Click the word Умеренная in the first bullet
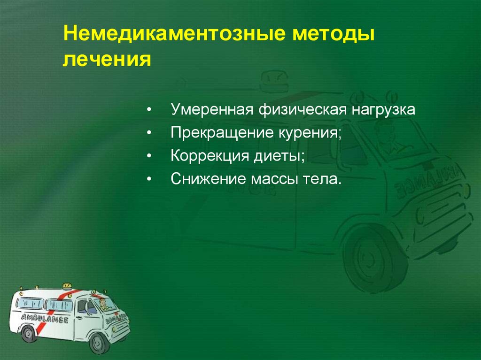pos(211,110)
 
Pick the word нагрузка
pos(382,110)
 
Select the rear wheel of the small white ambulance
pos(29,334)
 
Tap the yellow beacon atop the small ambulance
pos(67,285)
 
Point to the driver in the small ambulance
pos(102,306)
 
